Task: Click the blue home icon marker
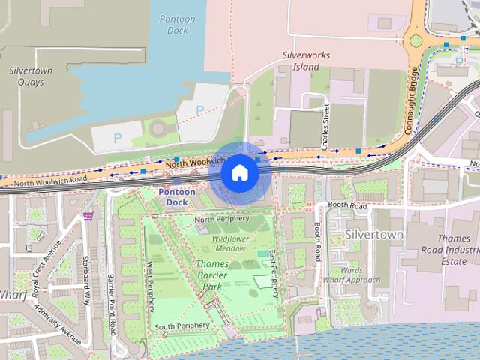[239, 173]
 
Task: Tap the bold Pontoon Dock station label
[177, 197]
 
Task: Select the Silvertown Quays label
[31, 75]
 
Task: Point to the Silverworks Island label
[301, 61]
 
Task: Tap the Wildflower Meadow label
[230, 242]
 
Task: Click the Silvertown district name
[374, 235]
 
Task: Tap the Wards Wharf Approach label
[352, 275]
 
